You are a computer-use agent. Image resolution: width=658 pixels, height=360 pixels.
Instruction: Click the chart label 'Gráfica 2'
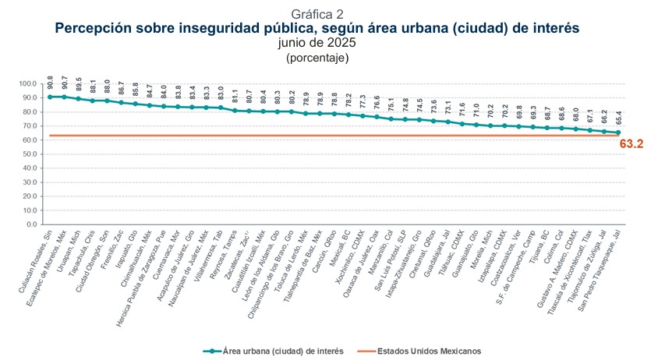[317, 14]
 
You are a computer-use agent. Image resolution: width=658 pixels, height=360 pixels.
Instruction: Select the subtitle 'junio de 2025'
[317, 43]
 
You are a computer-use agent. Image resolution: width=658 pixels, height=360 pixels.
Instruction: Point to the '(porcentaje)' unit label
[317, 57]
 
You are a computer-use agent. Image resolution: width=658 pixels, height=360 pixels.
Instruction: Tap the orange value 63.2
[631, 144]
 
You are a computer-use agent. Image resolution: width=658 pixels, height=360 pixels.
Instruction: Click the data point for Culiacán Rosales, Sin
[50, 97]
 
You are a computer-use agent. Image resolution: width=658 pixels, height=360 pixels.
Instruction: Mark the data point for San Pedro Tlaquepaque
[617, 132]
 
